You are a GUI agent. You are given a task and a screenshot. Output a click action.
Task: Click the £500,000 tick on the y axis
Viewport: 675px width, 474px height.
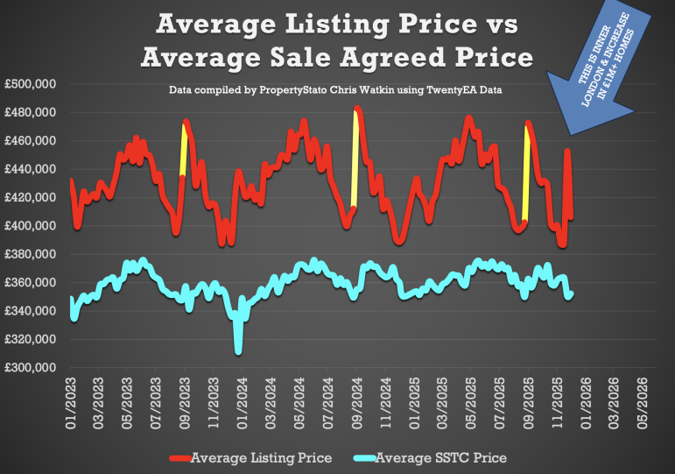tap(32, 84)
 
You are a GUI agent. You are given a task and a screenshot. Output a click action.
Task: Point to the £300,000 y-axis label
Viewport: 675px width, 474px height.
tap(32, 368)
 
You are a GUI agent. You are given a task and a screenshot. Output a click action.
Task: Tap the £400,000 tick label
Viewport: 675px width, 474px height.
tap(32, 226)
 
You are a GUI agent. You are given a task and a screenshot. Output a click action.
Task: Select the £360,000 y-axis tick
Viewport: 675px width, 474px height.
tap(32, 283)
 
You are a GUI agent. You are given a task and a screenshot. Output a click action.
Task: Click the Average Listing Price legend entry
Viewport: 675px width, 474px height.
tap(261, 457)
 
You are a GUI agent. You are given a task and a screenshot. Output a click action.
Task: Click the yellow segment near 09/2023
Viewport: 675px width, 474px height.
tap(184, 149)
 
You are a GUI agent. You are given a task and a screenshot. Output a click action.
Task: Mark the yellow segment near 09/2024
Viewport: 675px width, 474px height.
tap(355, 158)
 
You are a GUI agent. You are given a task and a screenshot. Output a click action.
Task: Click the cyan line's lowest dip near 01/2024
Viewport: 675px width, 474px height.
tap(238, 350)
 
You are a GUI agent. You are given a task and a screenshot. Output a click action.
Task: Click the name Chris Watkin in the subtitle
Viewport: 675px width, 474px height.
tap(335, 90)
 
